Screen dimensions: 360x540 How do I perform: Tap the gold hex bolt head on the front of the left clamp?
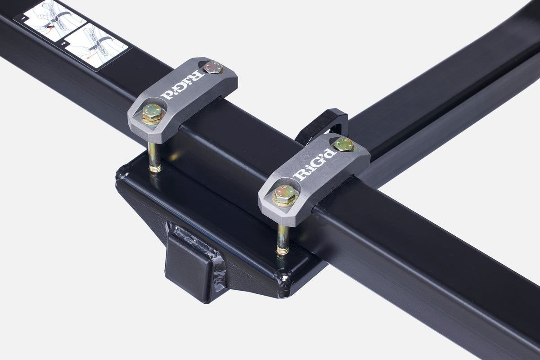click(x=152, y=113)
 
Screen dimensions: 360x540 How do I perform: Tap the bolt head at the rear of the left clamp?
click(x=213, y=67)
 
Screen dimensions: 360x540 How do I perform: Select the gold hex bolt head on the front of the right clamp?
click(x=285, y=195)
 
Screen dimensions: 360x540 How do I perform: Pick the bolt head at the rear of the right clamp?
click(x=343, y=144)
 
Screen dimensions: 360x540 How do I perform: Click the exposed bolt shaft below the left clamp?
click(x=153, y=155)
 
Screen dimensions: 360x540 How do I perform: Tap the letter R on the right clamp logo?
click(x=298, y=174)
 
